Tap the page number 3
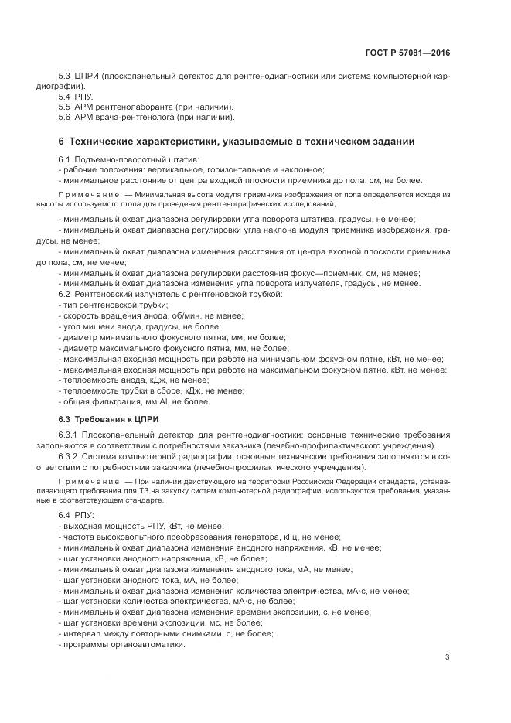click(447, 657)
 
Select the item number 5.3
click(64, 77)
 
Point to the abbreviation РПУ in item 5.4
click(84, 97)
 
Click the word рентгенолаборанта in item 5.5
click(132, 107)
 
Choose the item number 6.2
click(64, 294)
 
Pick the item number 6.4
click(64, 515)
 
